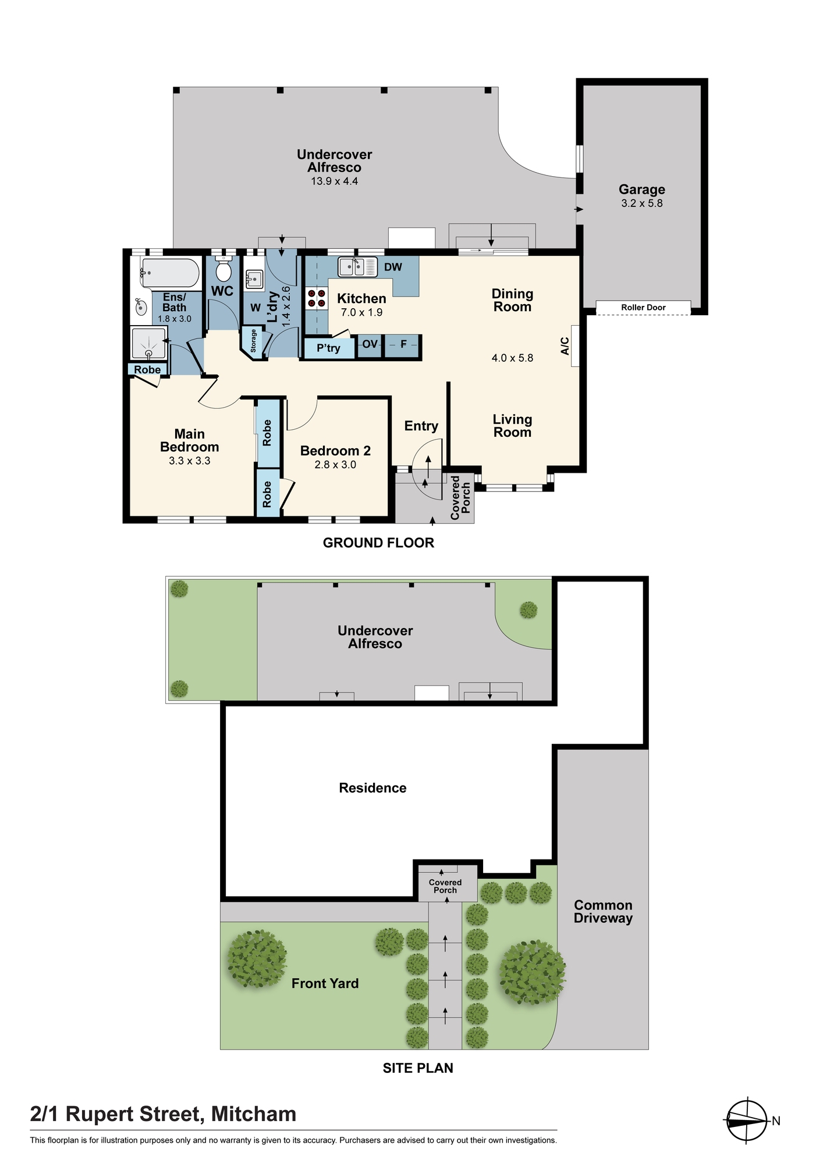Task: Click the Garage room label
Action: click(641, 190)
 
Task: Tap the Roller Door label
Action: click(643, 308)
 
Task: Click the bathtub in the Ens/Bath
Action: click(171, 272)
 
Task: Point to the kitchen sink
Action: click(358, 267)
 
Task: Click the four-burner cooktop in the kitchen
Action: click(317, 298)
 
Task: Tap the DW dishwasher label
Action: click(393, 267)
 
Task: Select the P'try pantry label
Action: click(328, 348)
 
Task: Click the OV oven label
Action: click(370, 344)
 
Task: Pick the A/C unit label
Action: click(565, 346)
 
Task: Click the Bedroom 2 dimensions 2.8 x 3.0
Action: click(335, 465)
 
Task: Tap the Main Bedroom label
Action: click(190, 440)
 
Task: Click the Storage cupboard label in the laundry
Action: click(253, 341)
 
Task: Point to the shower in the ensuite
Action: click(149, 344)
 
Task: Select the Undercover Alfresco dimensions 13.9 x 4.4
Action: click(335, 181)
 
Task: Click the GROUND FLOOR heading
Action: click(378, 543)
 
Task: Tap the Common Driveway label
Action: click(603, 911)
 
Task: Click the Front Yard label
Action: click(325, 983)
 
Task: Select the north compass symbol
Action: click(747, 1121)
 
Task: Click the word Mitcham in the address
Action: click(254, 1114)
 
